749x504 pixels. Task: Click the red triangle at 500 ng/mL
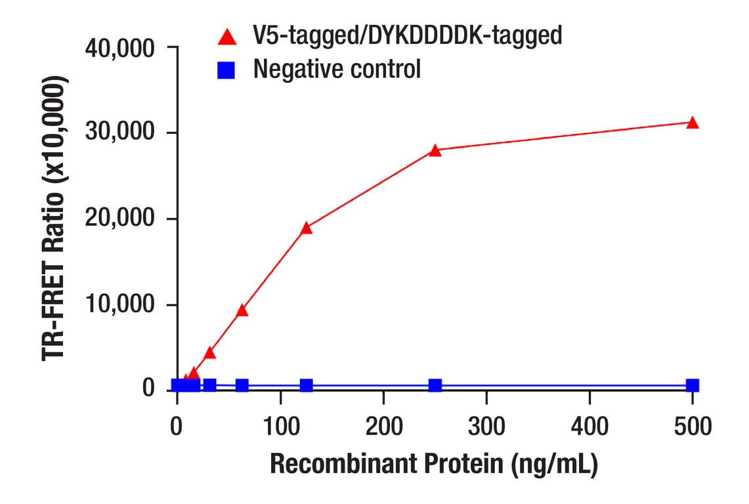click(x=693, y=123)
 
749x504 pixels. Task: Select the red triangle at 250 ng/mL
click(x=435, y=150)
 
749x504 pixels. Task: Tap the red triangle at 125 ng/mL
click(x=306, y=228)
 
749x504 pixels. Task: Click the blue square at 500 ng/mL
click(x=693, y=385)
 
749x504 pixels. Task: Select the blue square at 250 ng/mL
click(x=435, y=385)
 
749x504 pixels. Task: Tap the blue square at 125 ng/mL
click(x=306, y=385)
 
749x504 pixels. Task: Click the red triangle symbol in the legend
click(x=227, y=36)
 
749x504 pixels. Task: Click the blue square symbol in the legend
click(x=226, y=70)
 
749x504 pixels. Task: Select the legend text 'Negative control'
click(x=337, y=69)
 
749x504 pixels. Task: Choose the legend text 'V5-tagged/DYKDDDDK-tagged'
click(x=408, y=35)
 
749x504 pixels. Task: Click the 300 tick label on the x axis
click(x=486, y=427)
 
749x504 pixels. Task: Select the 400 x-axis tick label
click(x=589, y=427)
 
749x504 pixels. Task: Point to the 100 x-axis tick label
click(x=280, y=427)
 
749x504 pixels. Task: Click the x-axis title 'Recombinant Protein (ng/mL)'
click(x=434, y=465)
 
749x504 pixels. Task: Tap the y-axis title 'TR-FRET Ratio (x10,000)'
click(x=55, y=219)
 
